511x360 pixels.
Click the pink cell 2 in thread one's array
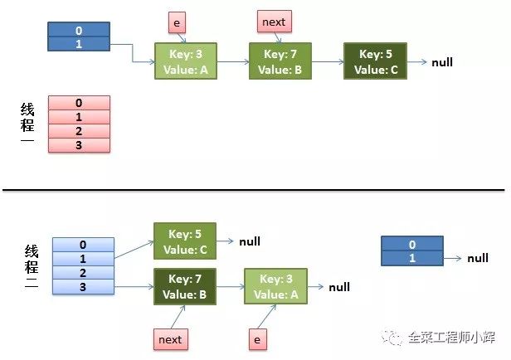click(79, 131)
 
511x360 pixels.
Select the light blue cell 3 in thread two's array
click(82, 286)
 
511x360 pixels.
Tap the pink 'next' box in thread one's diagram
click(272, 22)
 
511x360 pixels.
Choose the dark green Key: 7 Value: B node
click(184, 286)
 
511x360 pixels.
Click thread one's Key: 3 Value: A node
click(185, 62)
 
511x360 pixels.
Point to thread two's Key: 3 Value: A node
click(275, 286)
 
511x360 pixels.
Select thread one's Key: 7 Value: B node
click(280, 62)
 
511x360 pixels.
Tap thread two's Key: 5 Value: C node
click(184, 241)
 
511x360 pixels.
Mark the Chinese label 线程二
click(31, 266)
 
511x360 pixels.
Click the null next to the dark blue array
click(478, 258)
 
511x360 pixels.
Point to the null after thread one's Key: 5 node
click(442, 62)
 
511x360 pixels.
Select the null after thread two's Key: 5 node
click(250, 241)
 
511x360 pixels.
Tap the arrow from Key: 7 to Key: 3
click(230, 287)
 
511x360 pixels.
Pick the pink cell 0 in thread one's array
click(79, 103)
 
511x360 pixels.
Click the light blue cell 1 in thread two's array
click(82, 259)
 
